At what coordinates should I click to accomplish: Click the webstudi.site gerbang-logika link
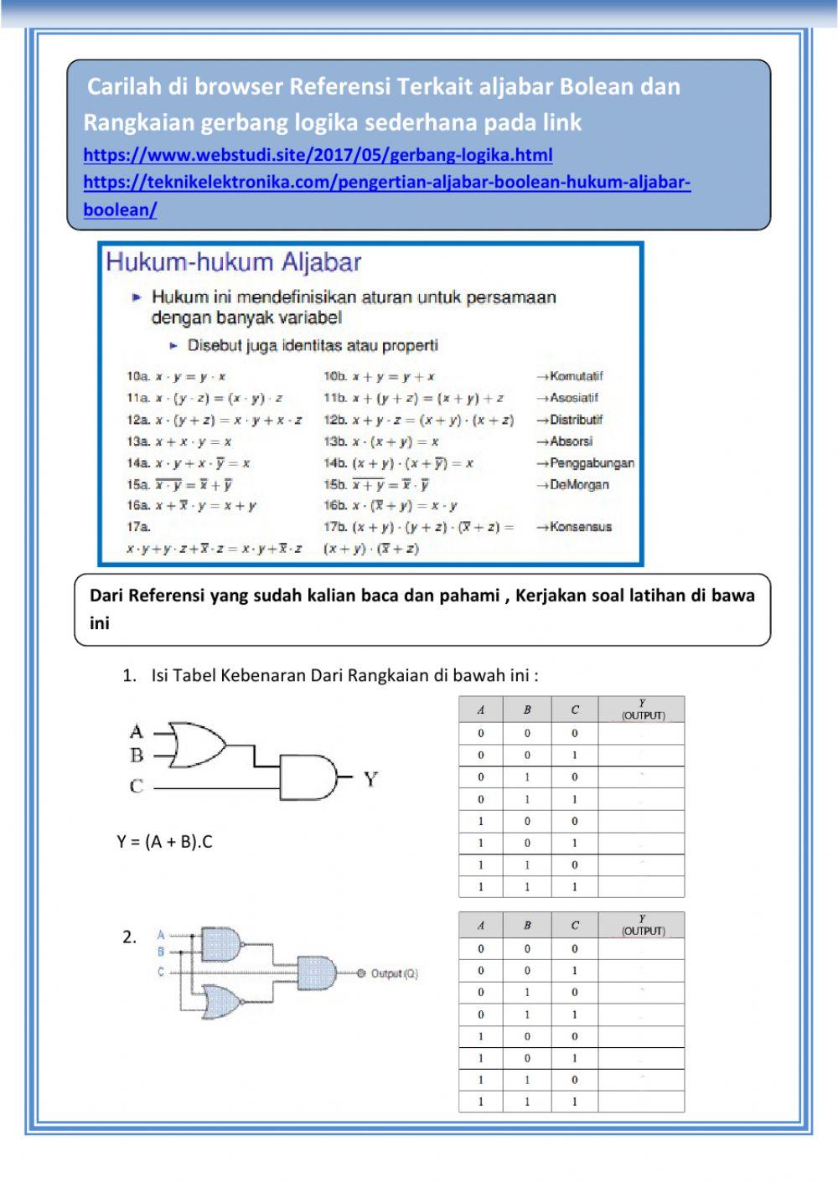pos(318,155)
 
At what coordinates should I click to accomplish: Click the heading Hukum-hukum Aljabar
pos(233,262)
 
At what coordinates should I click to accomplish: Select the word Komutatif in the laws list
pos(576,376)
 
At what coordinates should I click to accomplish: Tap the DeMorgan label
pos(579,484)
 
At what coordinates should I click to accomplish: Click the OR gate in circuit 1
pos(197,745)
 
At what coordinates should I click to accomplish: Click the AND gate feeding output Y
pos(308,777)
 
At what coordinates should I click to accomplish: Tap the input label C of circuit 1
pos(137,787)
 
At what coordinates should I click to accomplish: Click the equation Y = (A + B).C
pos(164,842)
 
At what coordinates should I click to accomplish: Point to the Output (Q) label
pos(394,973)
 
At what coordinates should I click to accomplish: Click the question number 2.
pos(129,937)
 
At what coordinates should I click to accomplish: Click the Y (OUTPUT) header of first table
pos(642,710)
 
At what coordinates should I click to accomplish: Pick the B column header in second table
pos(527,925)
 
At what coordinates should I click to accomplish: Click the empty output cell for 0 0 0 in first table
pos(641,733)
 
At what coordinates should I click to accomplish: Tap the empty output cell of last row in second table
pos(641,1102)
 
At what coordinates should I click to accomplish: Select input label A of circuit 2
pos(161,935)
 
